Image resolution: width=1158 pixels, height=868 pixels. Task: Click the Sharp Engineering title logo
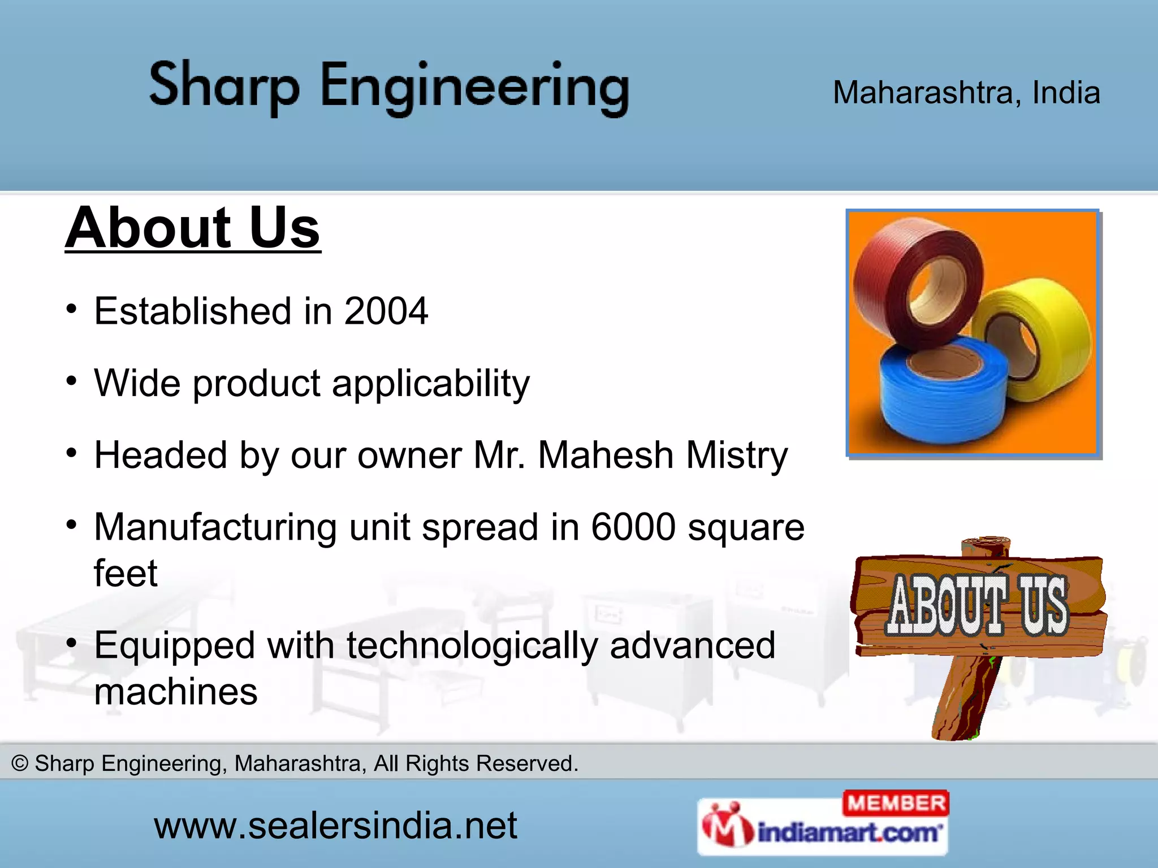pyautogui.click(x=389, y=88)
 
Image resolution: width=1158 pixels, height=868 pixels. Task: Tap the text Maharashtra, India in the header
pyautogui.click(x=966, y=92)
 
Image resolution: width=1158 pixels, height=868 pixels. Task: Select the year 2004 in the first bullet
pyautogui.click(x=386, y=311)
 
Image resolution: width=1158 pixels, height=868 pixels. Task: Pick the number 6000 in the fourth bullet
pyautogui.click(x=633, y=527)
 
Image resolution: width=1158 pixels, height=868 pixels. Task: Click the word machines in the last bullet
pyautogui.click(x=176, y=691)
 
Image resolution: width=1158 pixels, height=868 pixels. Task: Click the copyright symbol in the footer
pyautogui.click(x=20, y=763)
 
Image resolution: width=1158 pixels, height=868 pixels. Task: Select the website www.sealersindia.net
pyautogui.click(x=335, y=826)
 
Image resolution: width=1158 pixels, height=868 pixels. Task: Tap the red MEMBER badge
pyautogui.click(x=896, y=803)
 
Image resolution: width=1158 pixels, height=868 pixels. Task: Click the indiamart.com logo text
pyautogui.click(x=848, y=833)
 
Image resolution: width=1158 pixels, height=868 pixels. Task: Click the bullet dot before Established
pyautogui.click(x=71, y=309)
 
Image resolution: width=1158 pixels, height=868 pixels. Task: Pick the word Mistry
pyautogui.click(x=736, y=455)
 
